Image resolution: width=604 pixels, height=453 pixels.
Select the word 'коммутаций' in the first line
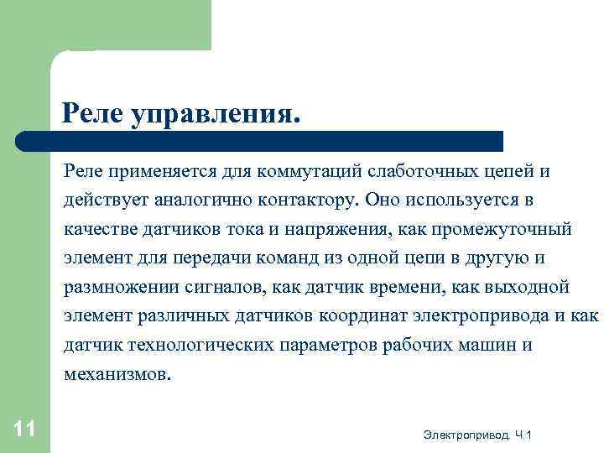314,171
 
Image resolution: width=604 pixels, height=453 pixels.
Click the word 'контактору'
307,201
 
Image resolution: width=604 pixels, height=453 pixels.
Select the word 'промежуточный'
512,230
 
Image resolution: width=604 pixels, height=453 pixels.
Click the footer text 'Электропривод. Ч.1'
477,434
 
